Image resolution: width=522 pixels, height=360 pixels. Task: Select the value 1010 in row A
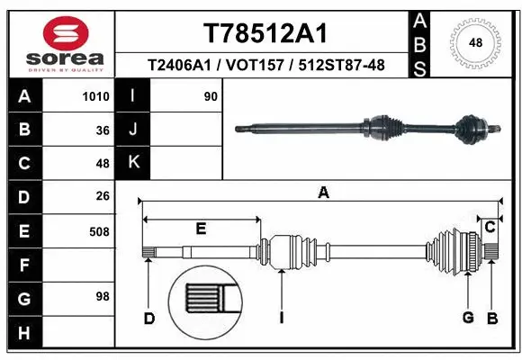95,96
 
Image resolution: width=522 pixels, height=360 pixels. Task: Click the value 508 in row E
99,232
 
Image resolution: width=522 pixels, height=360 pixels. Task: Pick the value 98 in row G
102,296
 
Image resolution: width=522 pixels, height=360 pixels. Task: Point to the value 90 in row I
211,96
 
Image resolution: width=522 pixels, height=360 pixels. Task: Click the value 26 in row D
102,195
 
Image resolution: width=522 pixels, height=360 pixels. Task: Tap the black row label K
134,162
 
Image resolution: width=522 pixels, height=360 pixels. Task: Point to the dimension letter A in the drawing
323,191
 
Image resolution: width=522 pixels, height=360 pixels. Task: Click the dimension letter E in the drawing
201,229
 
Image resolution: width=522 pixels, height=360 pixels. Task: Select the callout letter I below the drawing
282,317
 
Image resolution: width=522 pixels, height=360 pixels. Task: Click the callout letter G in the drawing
468,317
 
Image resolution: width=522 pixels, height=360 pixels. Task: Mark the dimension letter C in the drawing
490,227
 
